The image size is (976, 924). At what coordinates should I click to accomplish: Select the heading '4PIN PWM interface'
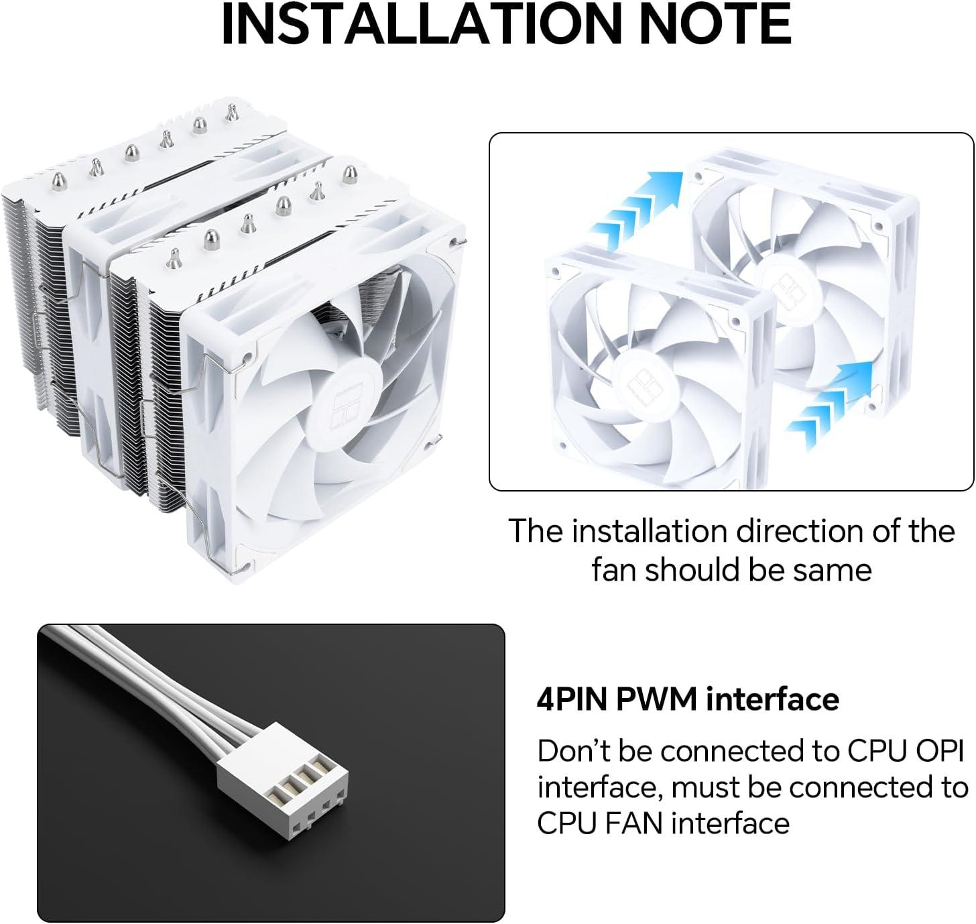coord(688,699)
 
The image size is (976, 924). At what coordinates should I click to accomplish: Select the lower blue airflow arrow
coord(830,404)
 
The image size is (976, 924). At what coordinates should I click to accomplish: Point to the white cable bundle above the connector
coord(149,671)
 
